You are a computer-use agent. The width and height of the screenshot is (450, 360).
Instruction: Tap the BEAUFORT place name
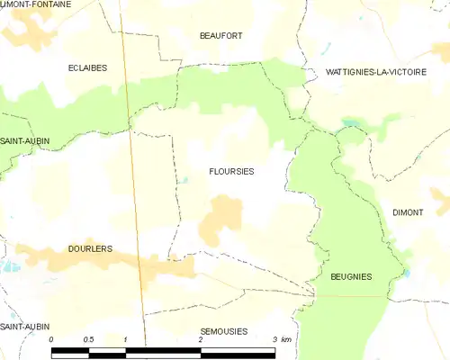coord(220,35)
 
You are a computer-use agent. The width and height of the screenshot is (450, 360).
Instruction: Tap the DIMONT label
coord(408,211)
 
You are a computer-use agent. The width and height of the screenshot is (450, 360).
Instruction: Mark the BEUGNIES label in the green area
coord(351,276)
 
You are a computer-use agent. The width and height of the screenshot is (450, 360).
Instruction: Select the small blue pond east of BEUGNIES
coord(407,272)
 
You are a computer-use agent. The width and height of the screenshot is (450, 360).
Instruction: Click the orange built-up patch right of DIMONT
coord(440,198)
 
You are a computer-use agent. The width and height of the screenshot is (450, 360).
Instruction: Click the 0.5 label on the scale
coord(87,339)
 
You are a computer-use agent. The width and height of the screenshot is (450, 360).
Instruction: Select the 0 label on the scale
coord(52,339)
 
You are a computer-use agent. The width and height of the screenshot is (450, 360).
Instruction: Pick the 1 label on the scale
coord(125,339)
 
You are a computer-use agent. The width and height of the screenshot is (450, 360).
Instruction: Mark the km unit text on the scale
coord(286,339)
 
